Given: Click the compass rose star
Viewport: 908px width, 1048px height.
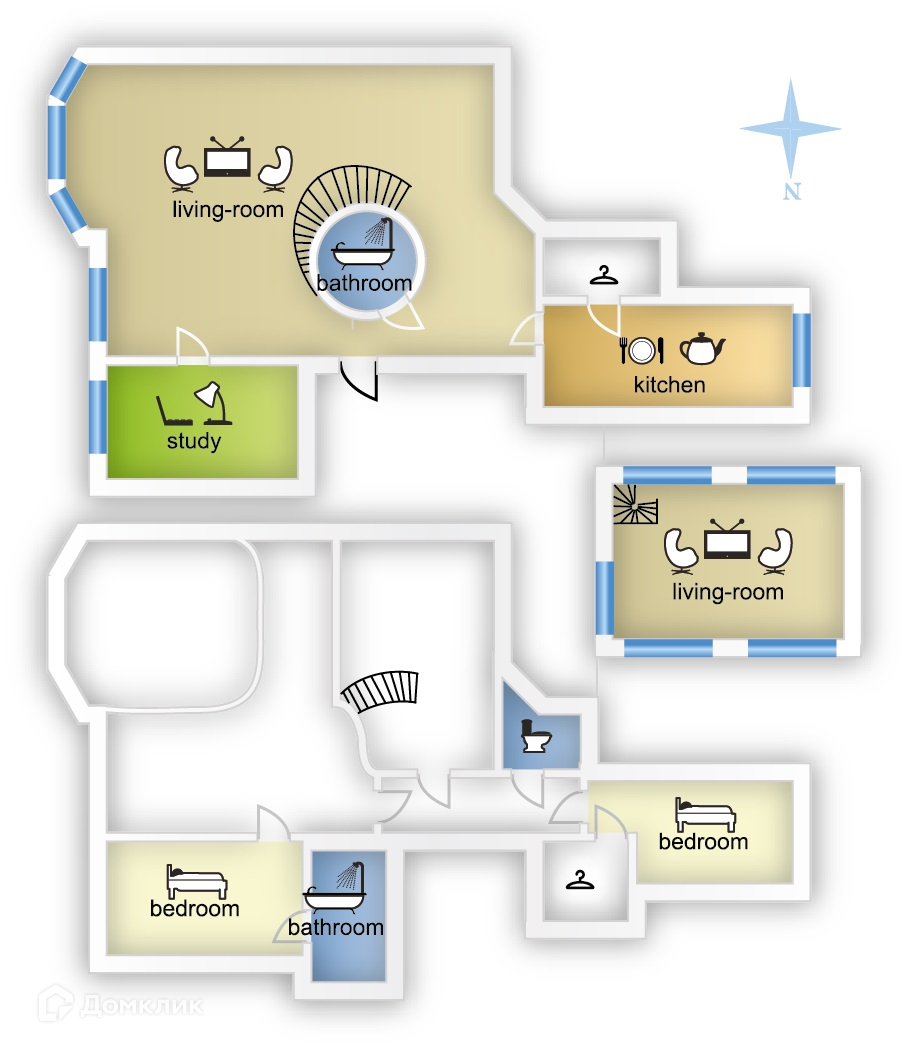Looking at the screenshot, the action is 790,129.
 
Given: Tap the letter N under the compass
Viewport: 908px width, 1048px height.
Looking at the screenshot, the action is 792,192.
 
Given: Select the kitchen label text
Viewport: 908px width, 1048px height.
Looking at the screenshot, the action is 669,385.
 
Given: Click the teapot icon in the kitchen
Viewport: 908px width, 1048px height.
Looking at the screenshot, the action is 702,348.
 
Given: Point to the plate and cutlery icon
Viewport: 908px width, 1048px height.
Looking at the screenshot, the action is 641,349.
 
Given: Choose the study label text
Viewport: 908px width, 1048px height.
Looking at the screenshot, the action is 194,441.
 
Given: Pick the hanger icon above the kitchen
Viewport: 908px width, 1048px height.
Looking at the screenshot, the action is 603,275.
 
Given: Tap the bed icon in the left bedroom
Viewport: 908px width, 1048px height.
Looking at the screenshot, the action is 197,882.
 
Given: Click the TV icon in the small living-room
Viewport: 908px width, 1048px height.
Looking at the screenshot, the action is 727,541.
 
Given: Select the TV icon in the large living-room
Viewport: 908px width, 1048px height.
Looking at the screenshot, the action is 228,158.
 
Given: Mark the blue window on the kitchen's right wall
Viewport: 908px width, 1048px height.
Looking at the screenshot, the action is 801,349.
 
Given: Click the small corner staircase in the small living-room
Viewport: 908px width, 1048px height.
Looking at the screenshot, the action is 635,507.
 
